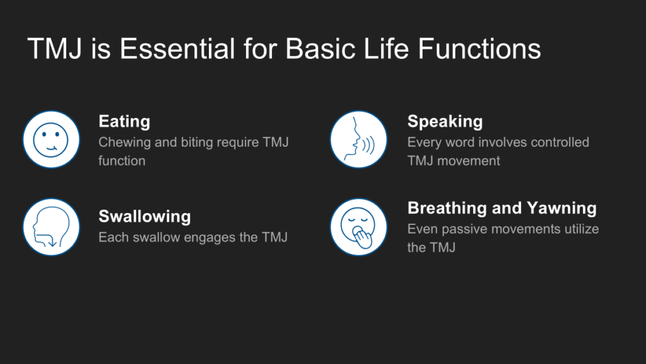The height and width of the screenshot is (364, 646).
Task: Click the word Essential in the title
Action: pyautogui.click(x=177, y=49)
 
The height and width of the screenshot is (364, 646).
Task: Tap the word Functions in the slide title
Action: pyautogui.click(x=479, y=49)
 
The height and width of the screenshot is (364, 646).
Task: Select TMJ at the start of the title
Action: pyautogui.click(x=55, y=49)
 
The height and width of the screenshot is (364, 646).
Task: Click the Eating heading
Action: pyautogui.click(x=124, y=121)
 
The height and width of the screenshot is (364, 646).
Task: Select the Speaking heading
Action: pyautogui.click(x=445, y=121)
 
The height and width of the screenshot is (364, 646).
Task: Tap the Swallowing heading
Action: pyautogui.click(x=144, y=216)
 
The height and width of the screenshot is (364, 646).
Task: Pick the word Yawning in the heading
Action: pyautogui.click(x=562, y=208)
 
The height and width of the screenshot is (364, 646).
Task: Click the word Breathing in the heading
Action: pyautogui.click(x=447, y=208)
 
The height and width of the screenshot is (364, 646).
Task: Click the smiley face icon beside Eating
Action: pyautogui.click(x=51, y=140)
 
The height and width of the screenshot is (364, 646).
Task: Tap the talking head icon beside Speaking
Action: pyautogui.click(x=358, y=140)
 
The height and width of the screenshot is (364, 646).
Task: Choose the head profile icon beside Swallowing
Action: pyautogui.click(x=51, y=227)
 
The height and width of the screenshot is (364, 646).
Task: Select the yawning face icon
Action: pyautogui.click(x=358, y=227)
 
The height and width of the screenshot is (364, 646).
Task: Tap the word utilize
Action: pyautogui.click(x=582, y=229)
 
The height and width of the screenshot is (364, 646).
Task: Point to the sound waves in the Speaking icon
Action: pyautogui.click(x=368, y=146)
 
